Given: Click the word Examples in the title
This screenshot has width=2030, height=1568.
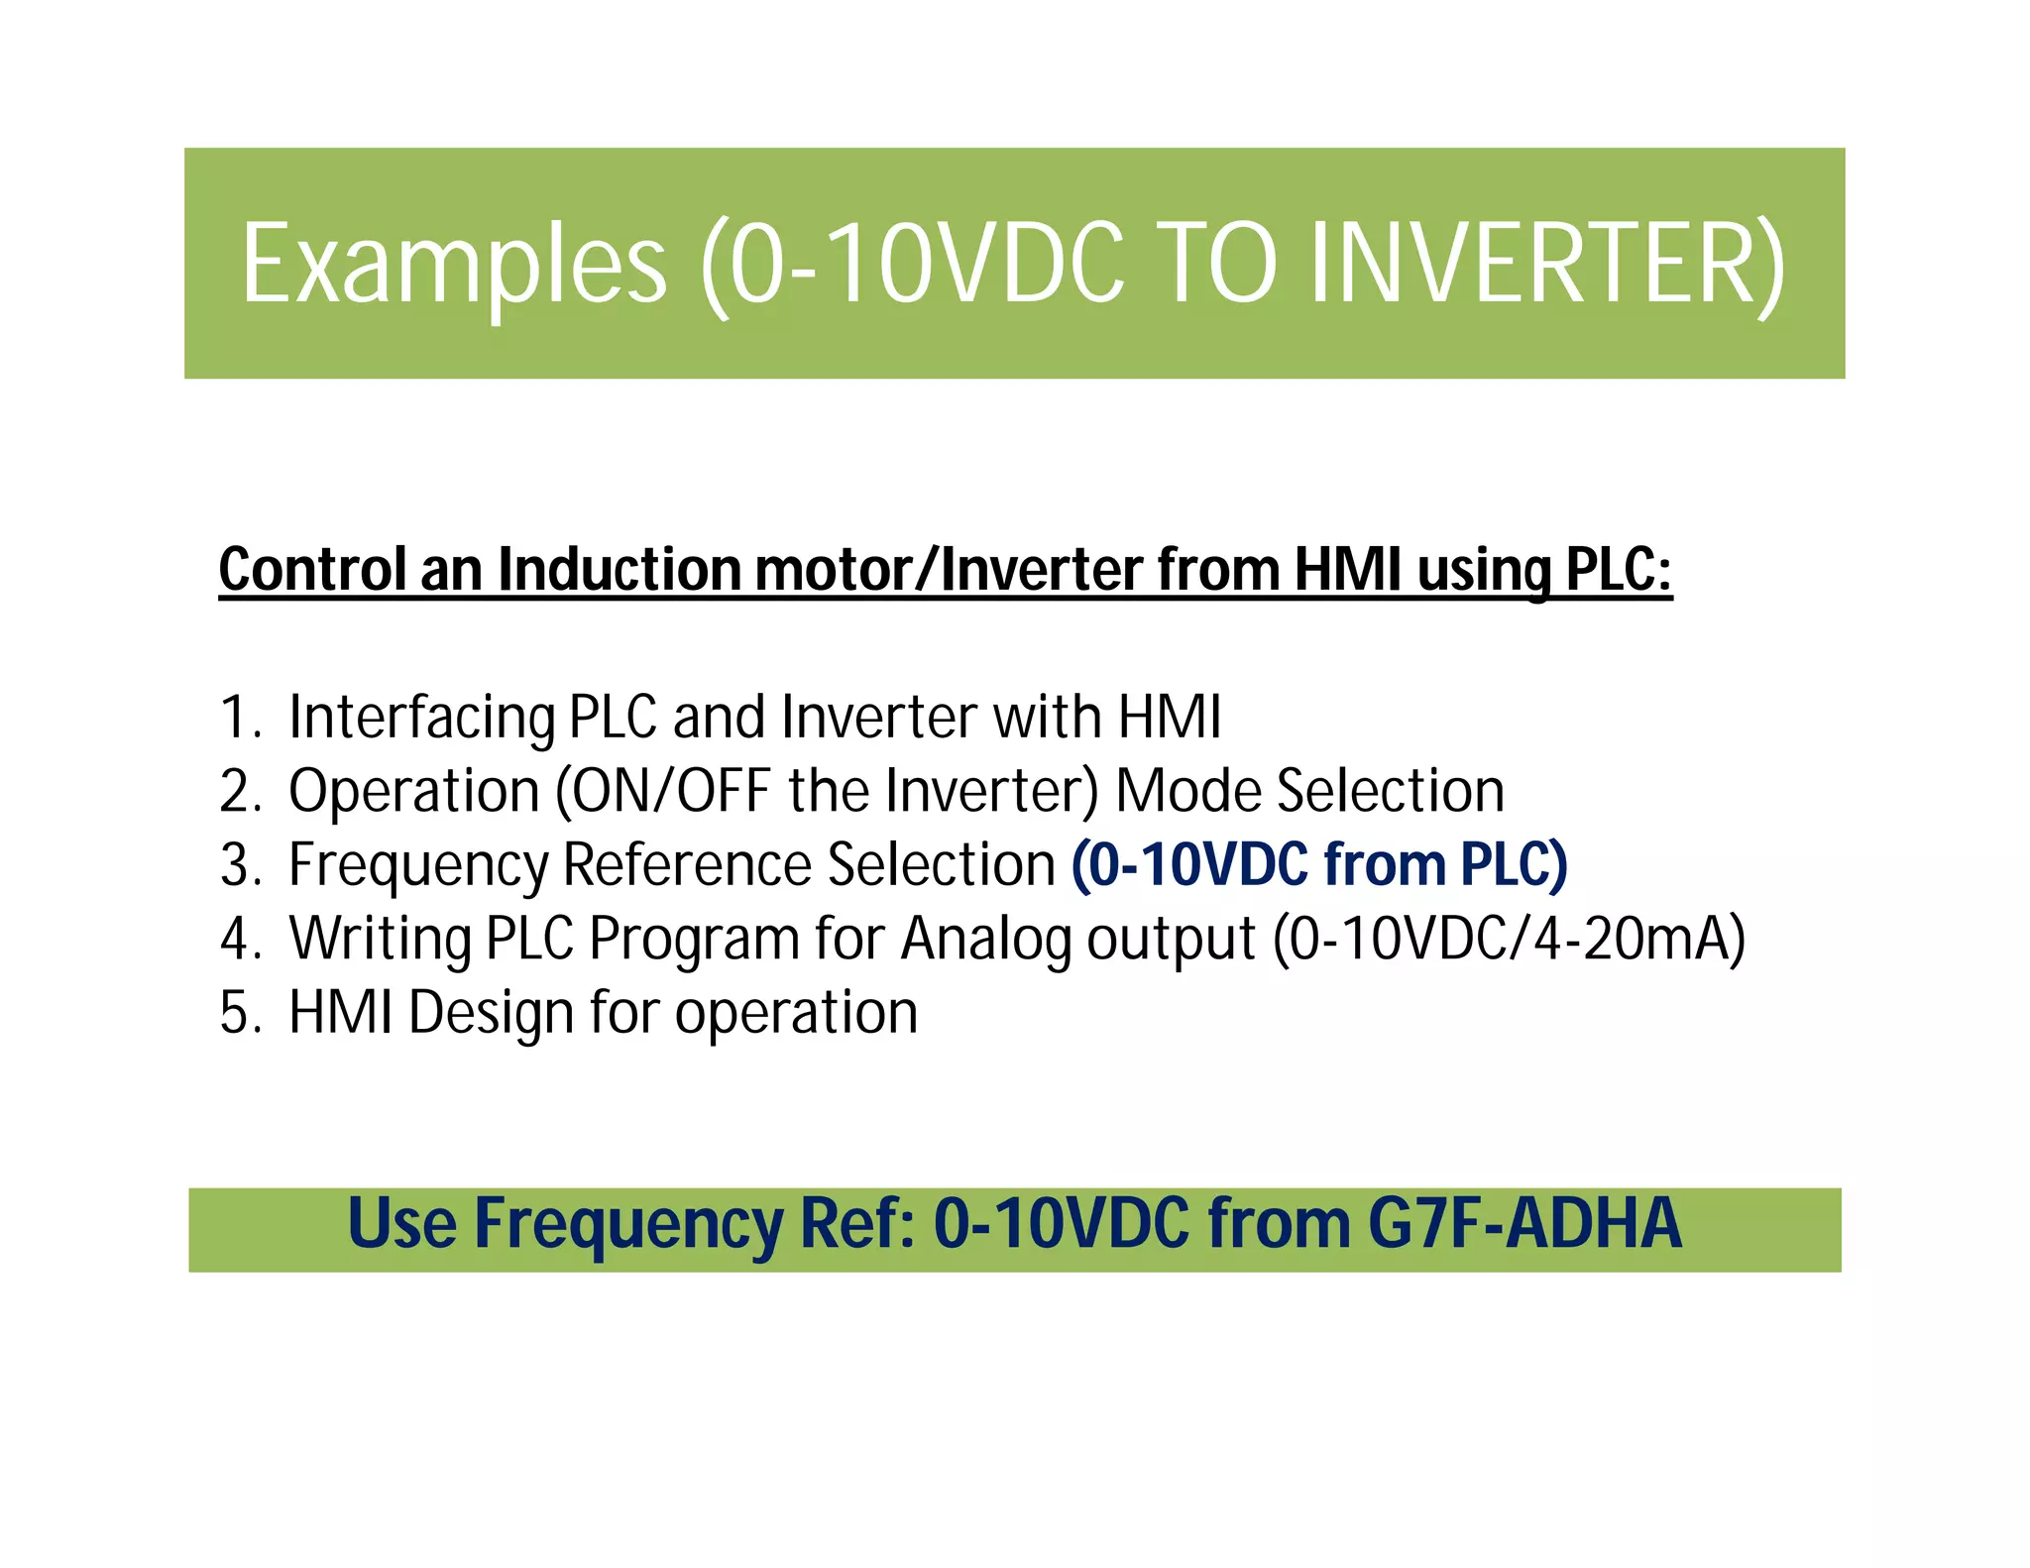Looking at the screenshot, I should coord(454,266).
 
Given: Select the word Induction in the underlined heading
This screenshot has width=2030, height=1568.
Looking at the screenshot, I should coord(618,571).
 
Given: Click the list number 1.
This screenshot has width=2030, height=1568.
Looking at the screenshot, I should coord(239,718).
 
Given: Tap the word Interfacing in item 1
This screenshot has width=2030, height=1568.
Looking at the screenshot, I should coord(421,718).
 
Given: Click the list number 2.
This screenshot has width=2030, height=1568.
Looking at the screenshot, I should coord(239,792).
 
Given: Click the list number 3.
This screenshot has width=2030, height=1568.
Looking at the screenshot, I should coord(239,865).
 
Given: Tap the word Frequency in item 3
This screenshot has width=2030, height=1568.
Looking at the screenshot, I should coord(417,865).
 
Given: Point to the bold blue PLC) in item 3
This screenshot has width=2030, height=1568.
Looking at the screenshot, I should coord(1514,865).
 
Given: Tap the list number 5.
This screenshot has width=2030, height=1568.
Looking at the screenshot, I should coord(239,1014).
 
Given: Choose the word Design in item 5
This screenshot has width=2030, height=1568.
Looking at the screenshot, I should coord(491,1014).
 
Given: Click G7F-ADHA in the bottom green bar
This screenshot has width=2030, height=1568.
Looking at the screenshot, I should coord(1524,1224).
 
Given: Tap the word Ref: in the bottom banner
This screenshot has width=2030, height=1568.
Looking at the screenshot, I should coord(857,1224).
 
